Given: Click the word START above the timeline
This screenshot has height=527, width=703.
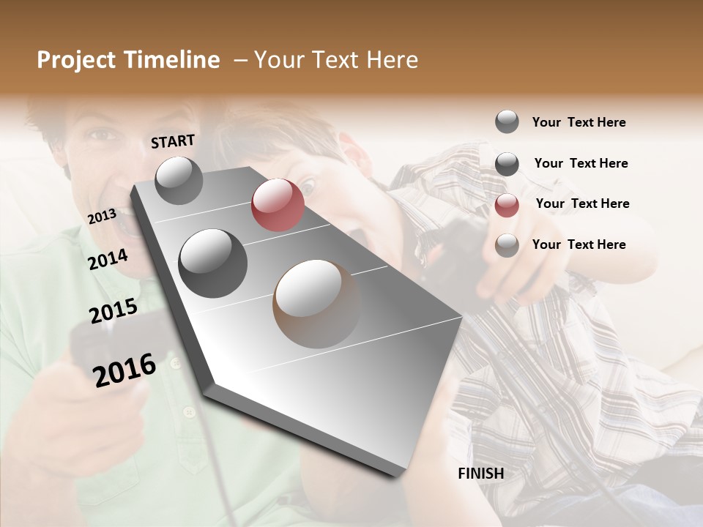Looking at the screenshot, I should [173, 141].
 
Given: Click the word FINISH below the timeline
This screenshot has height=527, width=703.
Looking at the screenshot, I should [481, 474].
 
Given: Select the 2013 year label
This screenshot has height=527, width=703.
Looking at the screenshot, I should [103, 216].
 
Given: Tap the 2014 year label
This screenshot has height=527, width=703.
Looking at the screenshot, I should [108, 259].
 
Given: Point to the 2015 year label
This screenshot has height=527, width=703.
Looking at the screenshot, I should [114, 311].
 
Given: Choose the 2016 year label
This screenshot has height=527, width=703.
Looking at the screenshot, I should [124, 370].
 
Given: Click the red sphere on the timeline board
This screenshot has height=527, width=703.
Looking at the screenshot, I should [278, 205].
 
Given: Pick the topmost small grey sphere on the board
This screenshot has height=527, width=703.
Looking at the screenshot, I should [179, 180].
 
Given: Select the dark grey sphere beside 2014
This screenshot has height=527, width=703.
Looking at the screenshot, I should [213, 263].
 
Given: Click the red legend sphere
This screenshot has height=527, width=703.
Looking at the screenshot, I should [507, 205].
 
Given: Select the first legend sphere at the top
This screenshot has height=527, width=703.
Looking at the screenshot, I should [507, 122].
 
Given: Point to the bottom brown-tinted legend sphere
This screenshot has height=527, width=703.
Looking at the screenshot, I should [507, 245].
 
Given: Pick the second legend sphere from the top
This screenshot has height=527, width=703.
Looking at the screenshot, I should [507, 164].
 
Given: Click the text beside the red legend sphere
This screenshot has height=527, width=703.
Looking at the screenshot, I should [582, 203].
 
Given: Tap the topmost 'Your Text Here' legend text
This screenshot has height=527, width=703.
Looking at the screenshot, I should [579, 122].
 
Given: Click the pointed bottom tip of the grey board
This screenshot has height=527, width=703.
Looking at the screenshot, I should [401, 474].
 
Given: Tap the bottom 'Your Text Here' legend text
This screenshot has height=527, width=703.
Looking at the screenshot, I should [579, 244].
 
